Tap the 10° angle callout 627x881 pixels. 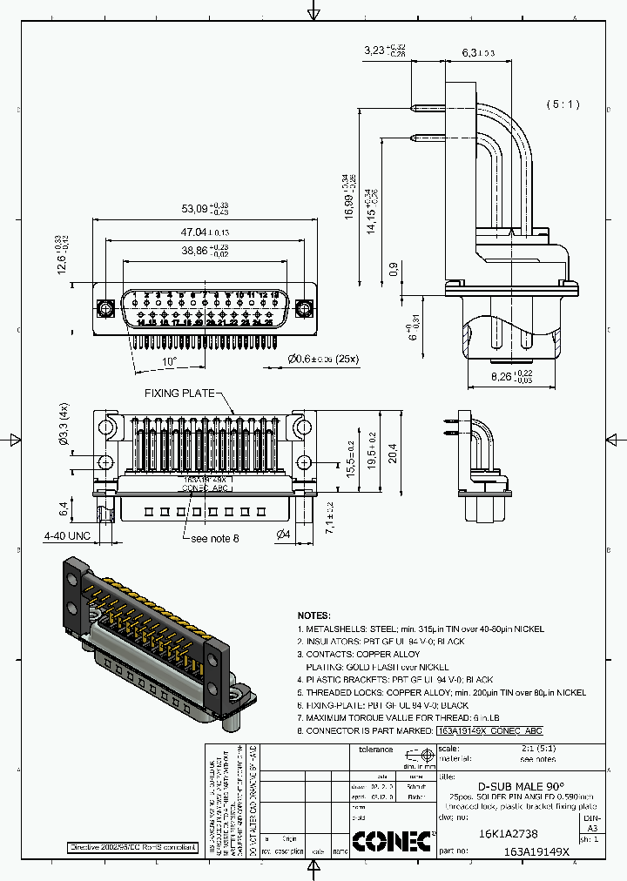tap(169, 360)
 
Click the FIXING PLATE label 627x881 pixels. tap(179, 393)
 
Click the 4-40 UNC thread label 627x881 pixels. tap(68, 535)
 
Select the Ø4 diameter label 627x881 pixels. tap(283, 534)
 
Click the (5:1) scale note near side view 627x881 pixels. tap(563, 104)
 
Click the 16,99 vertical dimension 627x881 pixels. tap(349, 198)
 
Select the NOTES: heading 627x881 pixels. tap(314, 615)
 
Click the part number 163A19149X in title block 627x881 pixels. tap(536, 853)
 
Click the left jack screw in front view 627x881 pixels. tap(105, 308)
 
